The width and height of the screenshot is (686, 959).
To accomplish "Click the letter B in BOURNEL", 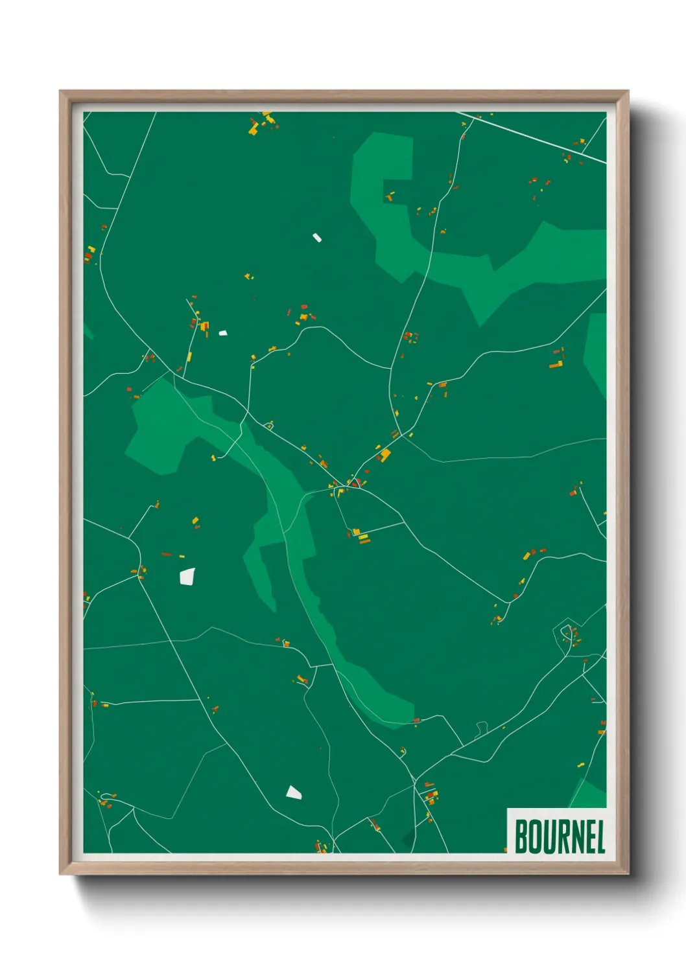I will coord(521,837).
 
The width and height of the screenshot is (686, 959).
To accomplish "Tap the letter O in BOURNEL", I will coord(536,837).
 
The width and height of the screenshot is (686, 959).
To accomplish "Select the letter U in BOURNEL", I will coord(550,837).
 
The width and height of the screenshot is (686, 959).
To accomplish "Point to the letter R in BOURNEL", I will coord(563,837).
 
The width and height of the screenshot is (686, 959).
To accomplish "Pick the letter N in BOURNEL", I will coord(577,837).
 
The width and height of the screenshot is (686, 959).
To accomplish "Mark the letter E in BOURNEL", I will coord(589,837).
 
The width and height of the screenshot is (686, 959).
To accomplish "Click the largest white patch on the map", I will coord(187,576).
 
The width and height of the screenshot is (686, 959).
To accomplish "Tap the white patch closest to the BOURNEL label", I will coord(294,792).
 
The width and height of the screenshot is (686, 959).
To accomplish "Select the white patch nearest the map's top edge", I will coord(317,237).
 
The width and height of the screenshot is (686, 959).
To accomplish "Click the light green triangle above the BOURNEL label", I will coord(590,796).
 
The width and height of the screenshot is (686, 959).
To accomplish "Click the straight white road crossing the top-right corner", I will coord(532,137).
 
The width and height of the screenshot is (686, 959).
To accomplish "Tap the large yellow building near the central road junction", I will coord(385,454).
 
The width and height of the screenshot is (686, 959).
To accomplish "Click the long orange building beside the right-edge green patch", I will coord(555,365).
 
